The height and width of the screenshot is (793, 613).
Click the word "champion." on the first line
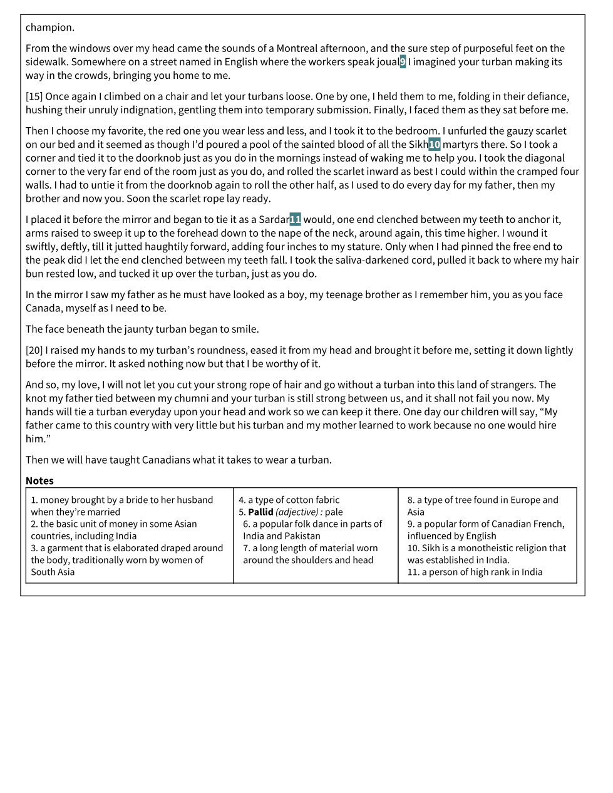click(x=50, y=28)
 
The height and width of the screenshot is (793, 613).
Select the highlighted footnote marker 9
click(x=403, y=62)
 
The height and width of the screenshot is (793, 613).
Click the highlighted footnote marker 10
click(x=434, y=145)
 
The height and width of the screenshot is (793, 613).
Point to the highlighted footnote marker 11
click(x=295, y=220)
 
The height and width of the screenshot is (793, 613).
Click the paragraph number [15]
click(x=34, y=96)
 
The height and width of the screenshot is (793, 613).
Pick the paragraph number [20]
click(x=34, y=350)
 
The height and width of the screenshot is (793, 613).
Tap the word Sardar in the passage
click(x=274, y=220)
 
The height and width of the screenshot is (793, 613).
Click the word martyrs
click(x=460, y=145)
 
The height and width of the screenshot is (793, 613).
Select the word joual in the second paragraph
click(x=387, y=62)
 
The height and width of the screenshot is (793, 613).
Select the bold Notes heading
click(x=39, y=481)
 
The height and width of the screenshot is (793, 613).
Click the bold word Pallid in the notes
click(x=260, y=512)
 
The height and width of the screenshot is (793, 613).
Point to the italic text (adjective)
click(x=297, y=512)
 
